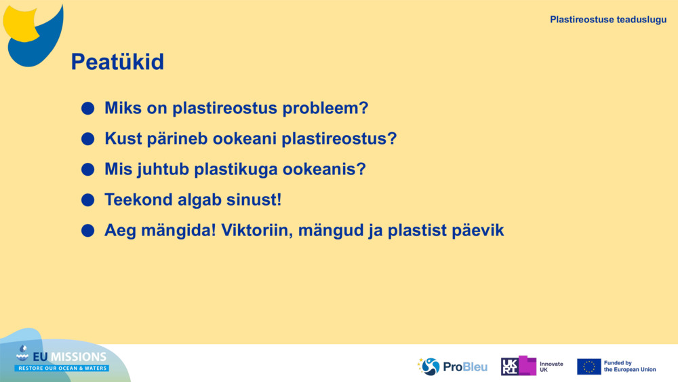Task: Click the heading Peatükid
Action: (x=117, y=62)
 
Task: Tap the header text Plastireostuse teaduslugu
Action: (x=608, y=20)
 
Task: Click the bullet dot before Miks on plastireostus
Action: (x=87, y=108)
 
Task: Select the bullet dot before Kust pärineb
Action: (x=87, y=139)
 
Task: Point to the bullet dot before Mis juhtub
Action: (x=87, y=169)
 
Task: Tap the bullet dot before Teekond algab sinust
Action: (x=87, y=200)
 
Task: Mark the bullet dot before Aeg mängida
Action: (x=87, y=231)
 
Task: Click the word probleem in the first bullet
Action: (x=325, y=109)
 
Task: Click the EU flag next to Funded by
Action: (x=589, y=366)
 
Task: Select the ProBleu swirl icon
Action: (x=429, y=366)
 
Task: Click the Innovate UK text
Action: (x=551, y=366)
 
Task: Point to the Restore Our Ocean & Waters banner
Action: (x=62, y=368)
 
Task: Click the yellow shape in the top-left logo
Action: (x=20, y=24)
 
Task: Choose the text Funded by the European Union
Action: (x=630, y=366)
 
